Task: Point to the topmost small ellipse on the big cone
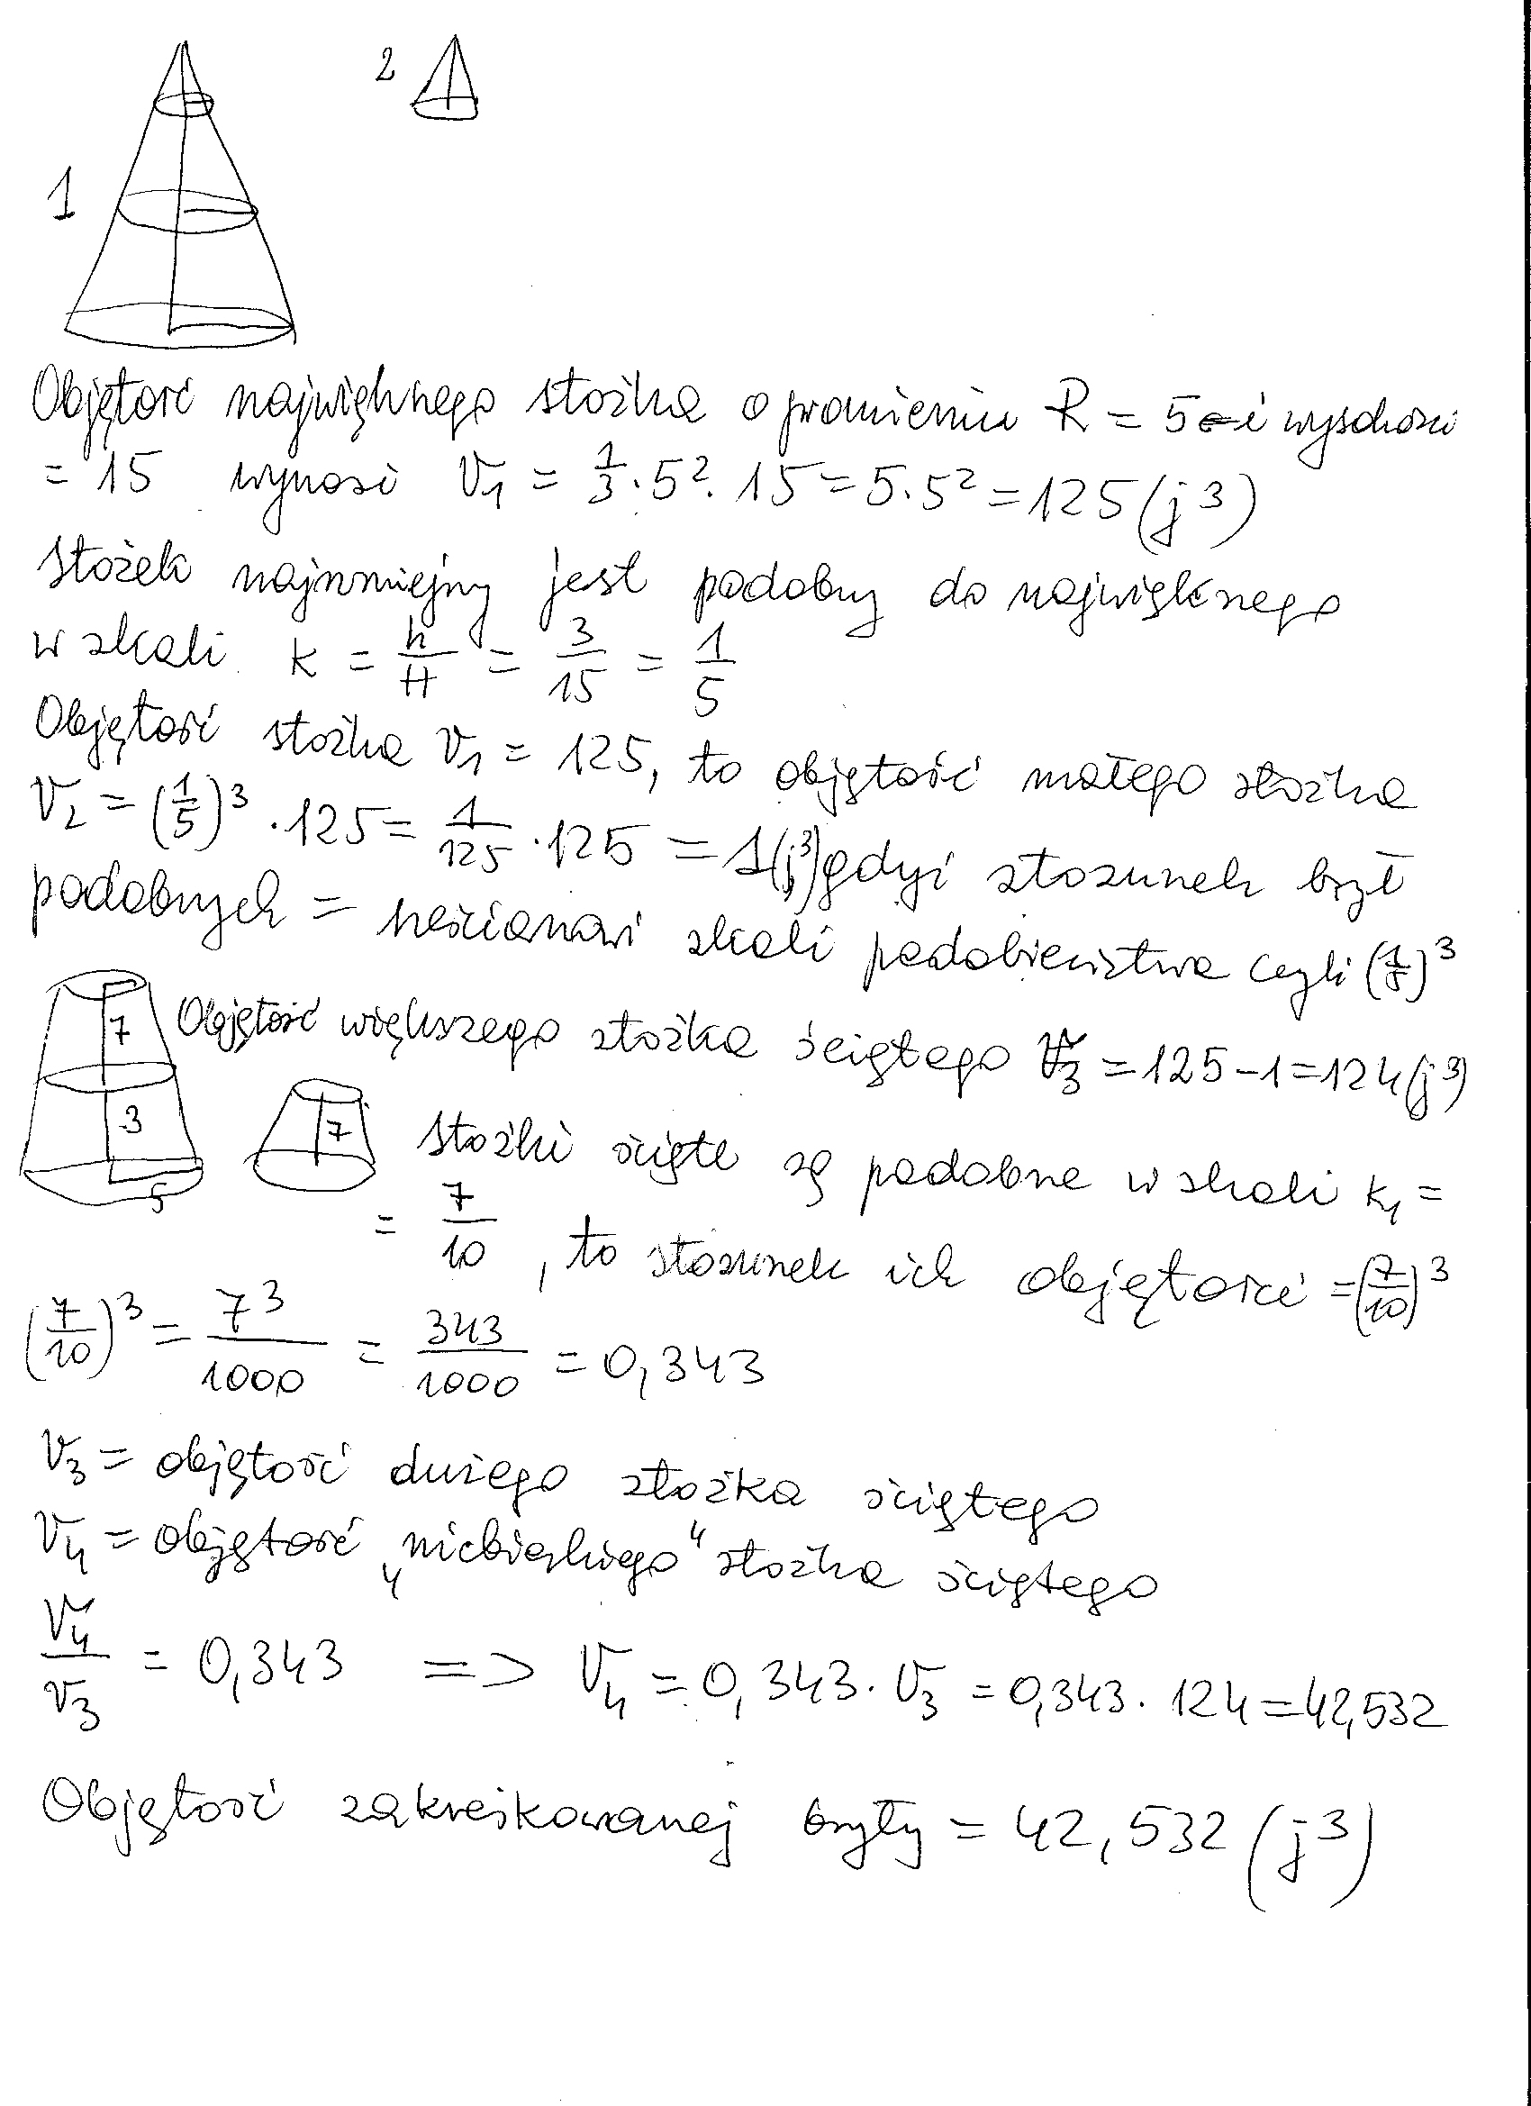click(183, 104)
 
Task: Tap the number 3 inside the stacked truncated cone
click(131, 1121)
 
